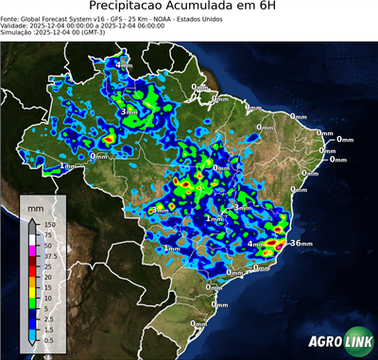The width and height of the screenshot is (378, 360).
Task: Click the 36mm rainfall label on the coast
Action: click(301, 243)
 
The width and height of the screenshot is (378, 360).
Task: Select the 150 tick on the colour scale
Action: click(50, 224)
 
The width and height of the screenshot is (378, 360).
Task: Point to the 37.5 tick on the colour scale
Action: click(51, 255)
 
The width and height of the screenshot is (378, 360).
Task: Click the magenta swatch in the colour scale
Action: click(32, 250)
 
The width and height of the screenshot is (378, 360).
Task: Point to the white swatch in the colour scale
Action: click(32, 240)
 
